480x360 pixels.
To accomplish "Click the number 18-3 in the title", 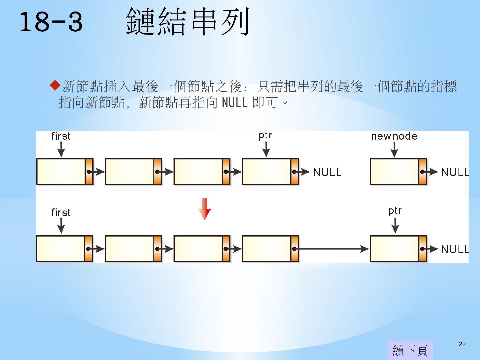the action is (51, 22).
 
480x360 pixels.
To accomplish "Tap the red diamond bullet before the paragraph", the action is (55, 85).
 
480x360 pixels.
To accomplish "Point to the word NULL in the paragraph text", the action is (235, 103).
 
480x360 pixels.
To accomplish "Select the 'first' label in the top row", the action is (61, 136).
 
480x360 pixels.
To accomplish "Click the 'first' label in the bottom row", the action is (61, 212).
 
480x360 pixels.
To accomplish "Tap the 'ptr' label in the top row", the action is (265, 135).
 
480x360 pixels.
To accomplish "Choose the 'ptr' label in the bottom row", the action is (395, 211).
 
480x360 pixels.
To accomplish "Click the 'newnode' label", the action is (394, 136).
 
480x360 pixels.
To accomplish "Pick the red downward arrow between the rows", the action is (204, 209).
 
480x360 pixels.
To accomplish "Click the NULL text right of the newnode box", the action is (455, 172).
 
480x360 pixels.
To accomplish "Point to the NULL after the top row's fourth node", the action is (327, 172).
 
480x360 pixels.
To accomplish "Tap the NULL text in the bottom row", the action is (455, 249).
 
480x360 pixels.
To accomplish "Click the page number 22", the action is (462, 344).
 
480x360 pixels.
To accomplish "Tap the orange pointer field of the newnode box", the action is (423, 172).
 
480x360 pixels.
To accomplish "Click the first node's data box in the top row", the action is (61, 172).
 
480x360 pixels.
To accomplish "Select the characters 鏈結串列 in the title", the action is (188, 22).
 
